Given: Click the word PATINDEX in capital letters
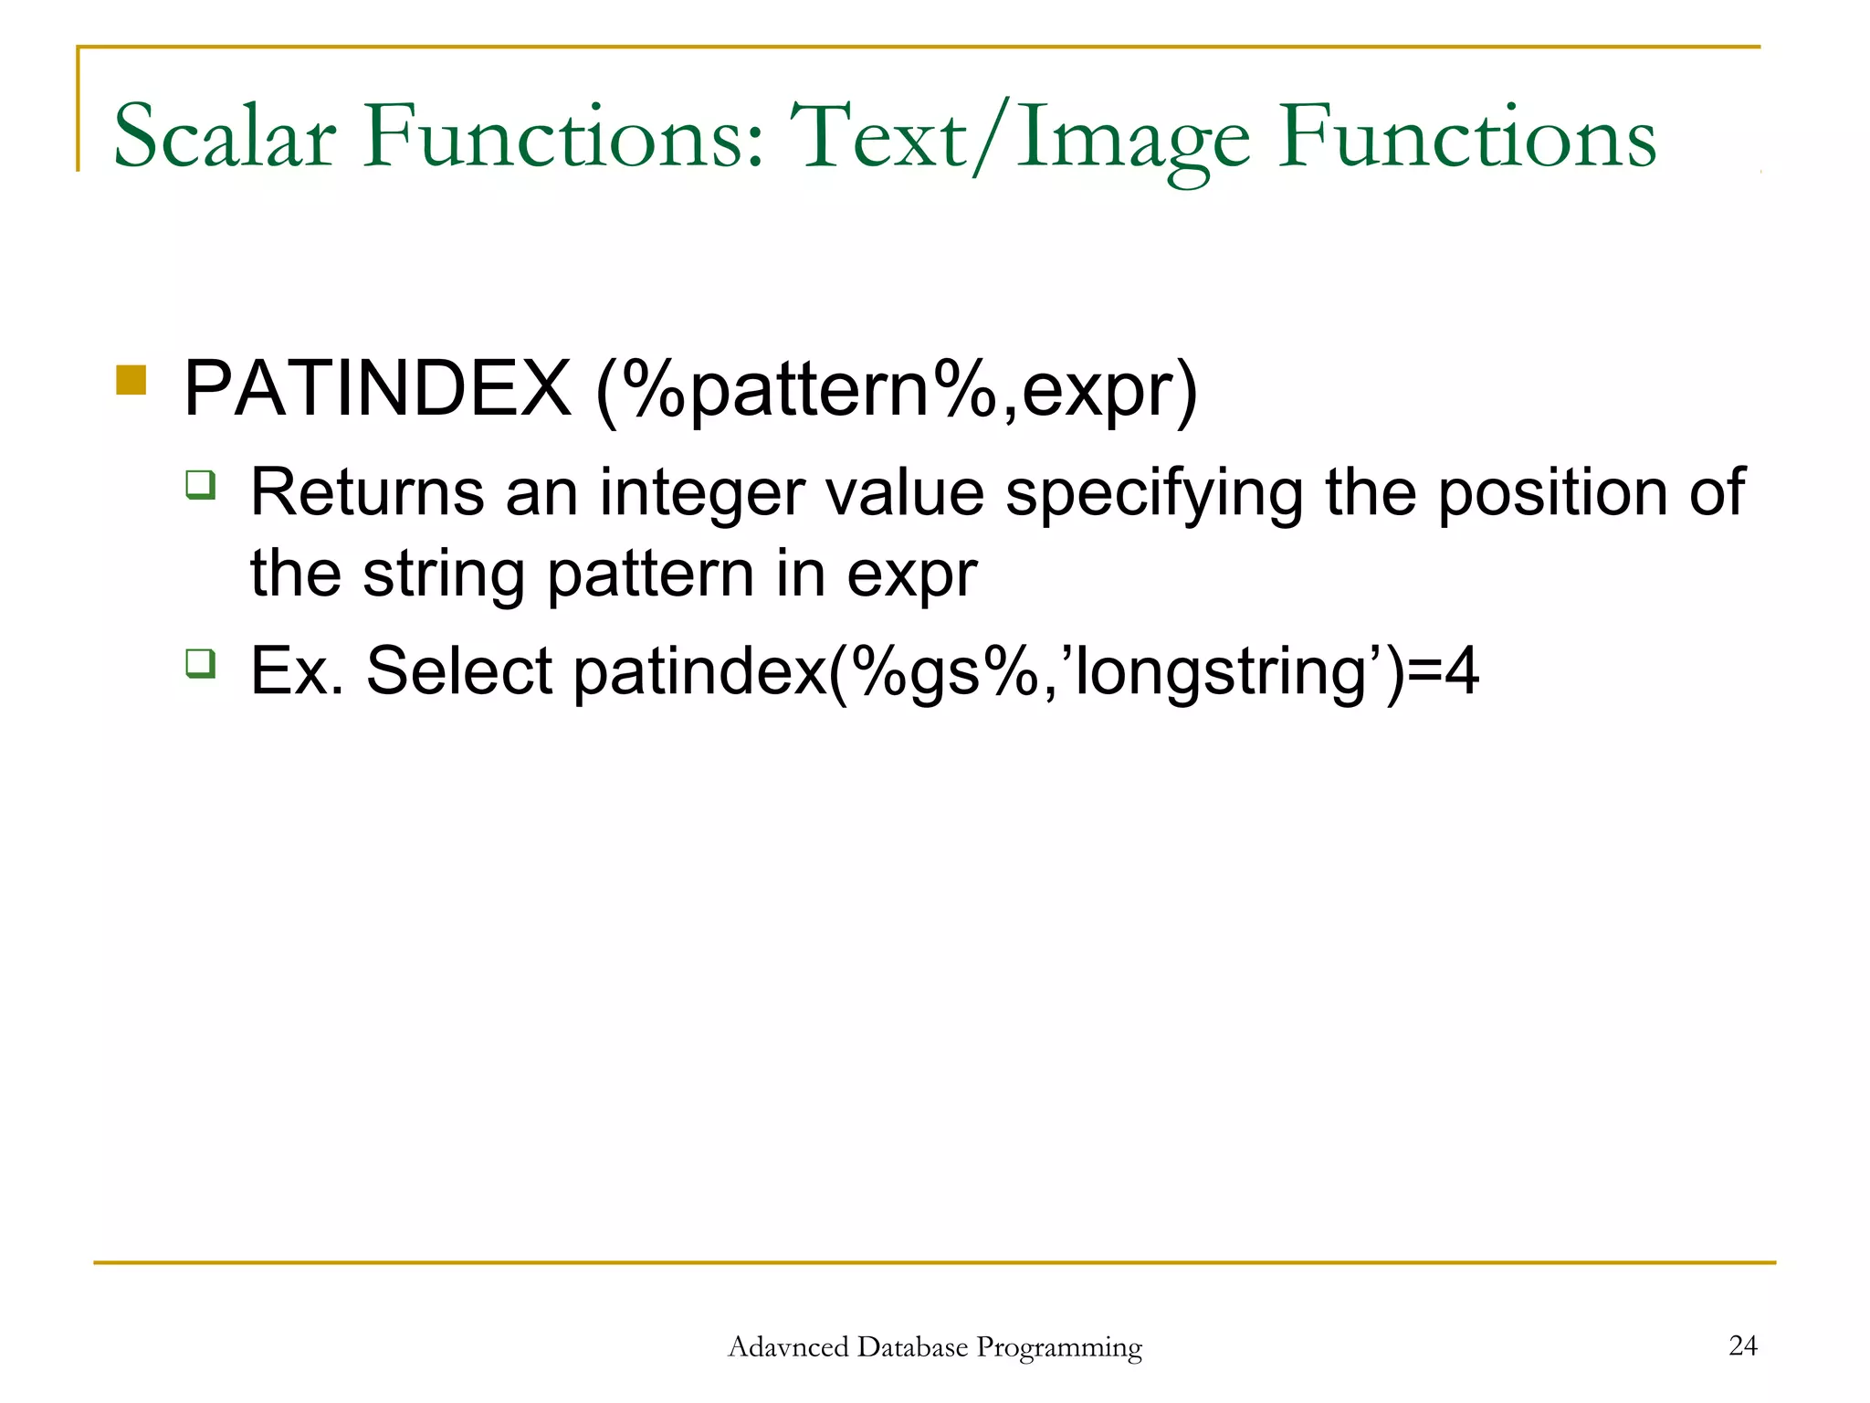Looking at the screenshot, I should (377, 389).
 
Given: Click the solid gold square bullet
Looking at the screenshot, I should (131, 380).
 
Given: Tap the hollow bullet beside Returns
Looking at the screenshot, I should (200, 484).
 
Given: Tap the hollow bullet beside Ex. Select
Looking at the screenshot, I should (200, 662).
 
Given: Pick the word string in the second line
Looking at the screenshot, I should (444, 575).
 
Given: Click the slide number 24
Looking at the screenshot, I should (1742, 1345).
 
